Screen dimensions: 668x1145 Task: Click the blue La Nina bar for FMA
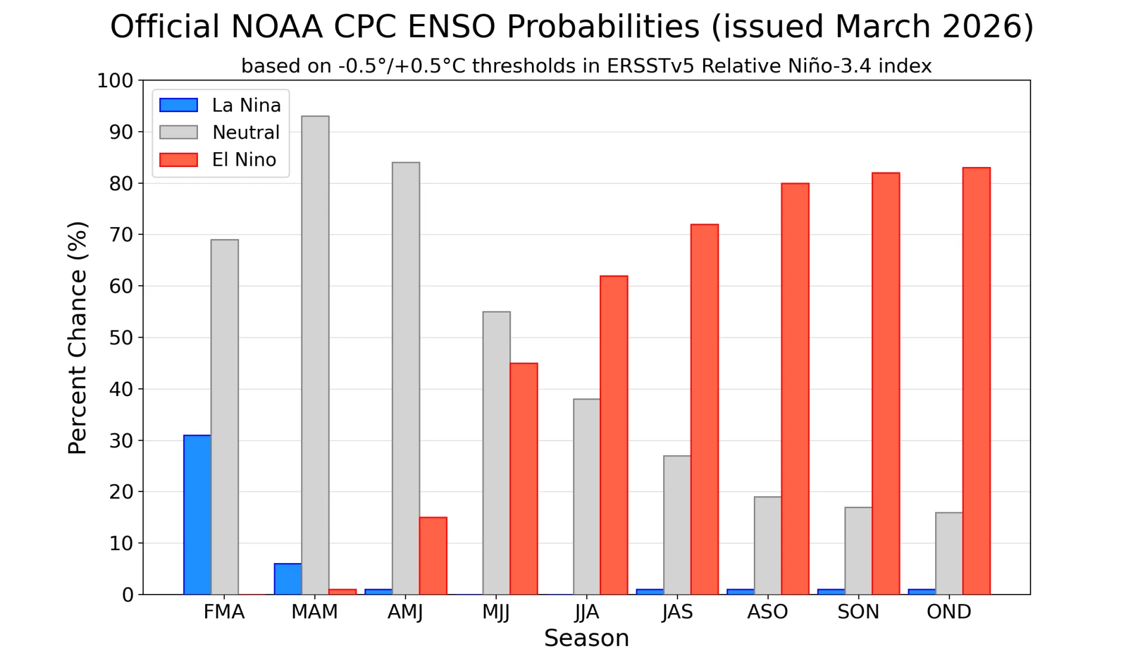pos(197,515)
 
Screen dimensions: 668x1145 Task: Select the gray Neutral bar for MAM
pos(315,355)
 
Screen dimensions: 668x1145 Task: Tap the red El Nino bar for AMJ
pos(433,556)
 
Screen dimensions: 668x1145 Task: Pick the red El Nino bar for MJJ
pos(524,479)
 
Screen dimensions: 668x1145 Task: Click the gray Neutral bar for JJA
pos(587,497)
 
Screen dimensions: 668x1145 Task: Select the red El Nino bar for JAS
pos(704,410)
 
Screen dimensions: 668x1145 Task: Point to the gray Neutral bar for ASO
pos(768,546)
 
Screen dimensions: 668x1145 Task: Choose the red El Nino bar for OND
pos(976,381)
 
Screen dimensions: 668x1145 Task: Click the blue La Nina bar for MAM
pos(287,579)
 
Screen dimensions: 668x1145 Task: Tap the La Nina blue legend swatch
pos(178,105)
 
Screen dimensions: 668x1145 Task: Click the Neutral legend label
pos(246,132)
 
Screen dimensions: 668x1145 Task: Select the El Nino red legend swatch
pos(178,160)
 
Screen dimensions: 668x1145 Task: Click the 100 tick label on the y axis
pos(115,81)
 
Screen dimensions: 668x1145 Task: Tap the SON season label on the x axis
pos(858,612)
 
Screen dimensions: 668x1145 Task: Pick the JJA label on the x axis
pos(587,613)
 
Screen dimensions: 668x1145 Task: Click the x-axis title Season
pos(586,639)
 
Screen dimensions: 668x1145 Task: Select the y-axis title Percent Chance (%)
pos(78,338)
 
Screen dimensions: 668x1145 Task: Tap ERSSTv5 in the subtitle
pos(651,66)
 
